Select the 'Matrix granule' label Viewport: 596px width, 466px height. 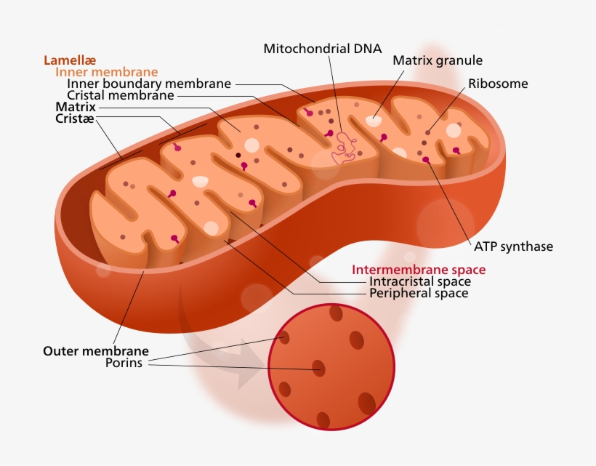438,60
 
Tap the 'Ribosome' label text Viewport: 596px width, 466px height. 498,84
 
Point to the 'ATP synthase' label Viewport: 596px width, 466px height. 513,246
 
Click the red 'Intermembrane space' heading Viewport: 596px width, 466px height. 419,270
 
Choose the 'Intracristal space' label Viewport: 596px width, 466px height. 420,281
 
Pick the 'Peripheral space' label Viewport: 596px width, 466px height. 419,294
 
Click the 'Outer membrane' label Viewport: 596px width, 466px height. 96,351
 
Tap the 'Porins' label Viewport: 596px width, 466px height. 124,363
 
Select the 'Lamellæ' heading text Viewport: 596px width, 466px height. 70,60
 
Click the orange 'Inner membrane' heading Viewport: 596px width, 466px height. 106,72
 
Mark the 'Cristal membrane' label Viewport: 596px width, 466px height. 120,95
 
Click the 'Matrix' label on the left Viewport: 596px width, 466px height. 76,107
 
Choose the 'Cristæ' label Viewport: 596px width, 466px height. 75,118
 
